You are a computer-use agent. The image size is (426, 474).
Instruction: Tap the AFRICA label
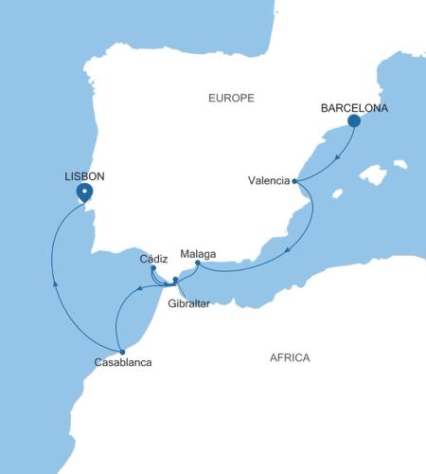290,357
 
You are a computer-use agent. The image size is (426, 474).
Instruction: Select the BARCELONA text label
353,108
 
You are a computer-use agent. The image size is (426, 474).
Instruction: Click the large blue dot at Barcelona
354,121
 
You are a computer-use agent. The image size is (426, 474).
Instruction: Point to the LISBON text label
84,176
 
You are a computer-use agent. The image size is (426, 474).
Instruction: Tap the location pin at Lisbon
84,192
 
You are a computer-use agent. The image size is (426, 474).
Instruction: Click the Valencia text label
268,181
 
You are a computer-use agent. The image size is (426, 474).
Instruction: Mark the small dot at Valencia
295,180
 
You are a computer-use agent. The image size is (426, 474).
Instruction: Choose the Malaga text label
197,254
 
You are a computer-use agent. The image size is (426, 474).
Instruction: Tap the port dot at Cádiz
153,268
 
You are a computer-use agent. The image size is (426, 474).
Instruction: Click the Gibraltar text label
186,303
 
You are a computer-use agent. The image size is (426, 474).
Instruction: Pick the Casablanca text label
122,363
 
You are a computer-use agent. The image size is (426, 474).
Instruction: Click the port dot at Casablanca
122,352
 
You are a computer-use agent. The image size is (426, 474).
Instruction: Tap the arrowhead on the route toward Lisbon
55,282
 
